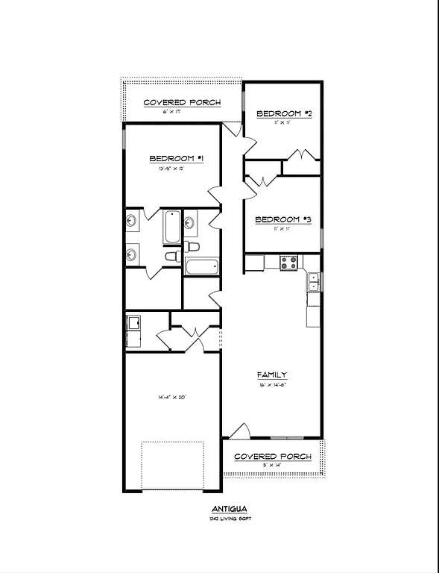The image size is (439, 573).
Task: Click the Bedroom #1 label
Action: pos(177,158)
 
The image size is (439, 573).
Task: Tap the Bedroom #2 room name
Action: pos(283,113)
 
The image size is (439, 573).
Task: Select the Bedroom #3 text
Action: pos(282,219)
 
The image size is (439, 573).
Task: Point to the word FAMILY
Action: pos(272,375)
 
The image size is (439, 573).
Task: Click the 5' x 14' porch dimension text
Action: pos(273,465)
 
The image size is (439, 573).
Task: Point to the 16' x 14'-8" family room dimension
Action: pos(273,385)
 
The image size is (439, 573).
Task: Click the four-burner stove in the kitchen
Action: pos(289,263)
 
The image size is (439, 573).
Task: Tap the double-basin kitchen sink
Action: pos(314,281)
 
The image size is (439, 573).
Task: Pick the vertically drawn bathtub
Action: pos(171,227)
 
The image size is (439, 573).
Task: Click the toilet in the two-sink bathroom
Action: pos(170,256)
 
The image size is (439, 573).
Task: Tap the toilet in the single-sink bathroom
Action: pos(194,246)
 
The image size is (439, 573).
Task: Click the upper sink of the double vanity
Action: pos(132,220)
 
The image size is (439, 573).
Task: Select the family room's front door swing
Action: pos(240,432)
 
